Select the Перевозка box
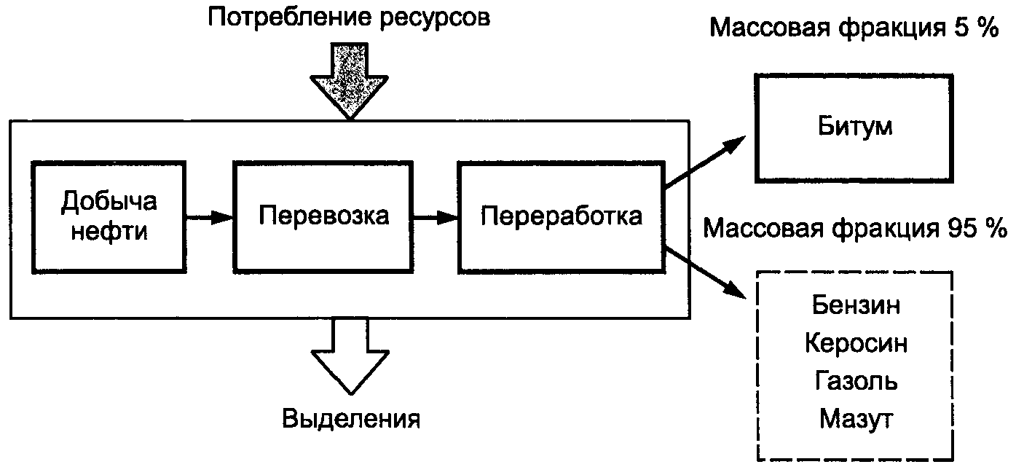(x=323, y=216)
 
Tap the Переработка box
(x=562, y=216)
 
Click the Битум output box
(x=854, y=127)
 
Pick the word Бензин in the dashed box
(x=856, y=305)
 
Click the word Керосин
(x=856, y=343)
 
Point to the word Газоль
(x=856, y=381)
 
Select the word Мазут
(x=856, y=419)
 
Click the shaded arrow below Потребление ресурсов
(x=350, y=80)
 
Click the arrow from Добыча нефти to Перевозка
(x=209, y=216)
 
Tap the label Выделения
(x=351, y=419)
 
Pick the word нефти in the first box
(x=109, y=232)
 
